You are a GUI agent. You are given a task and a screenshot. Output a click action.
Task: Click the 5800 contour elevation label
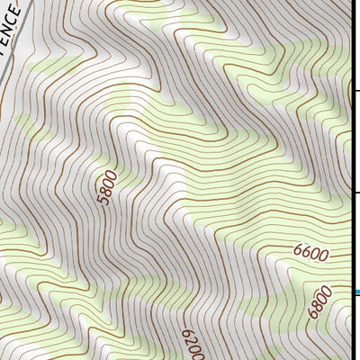106,187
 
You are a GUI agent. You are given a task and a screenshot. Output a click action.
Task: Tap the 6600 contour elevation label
310,254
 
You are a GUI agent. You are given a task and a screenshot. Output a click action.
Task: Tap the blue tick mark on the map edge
357,292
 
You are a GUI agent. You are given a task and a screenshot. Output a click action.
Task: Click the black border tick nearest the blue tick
357,192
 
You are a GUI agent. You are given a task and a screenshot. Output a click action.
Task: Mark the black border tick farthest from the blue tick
357,90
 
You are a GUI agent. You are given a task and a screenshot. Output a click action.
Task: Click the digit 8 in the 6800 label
316,306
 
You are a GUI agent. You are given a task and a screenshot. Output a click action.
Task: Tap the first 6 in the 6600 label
298,256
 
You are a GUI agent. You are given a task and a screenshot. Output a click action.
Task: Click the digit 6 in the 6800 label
311,314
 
